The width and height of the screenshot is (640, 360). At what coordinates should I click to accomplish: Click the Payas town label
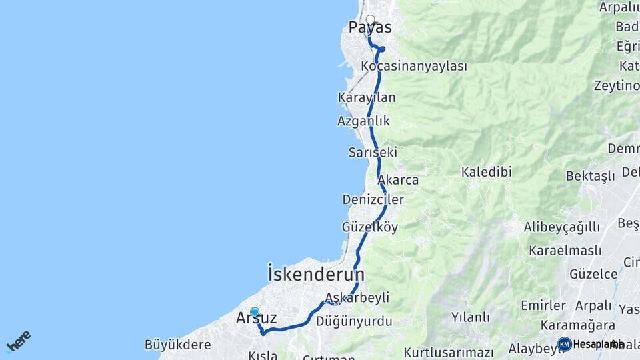[370, 28]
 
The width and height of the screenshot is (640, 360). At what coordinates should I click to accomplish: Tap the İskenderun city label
[316, 274]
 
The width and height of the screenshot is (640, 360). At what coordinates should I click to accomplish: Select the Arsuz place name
[257, 319]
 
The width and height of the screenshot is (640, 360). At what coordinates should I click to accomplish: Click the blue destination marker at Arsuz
[254, 311]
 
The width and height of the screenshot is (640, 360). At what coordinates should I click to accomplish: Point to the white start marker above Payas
[370, 19]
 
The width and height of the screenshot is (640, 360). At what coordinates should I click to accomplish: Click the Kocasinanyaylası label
[413, 66]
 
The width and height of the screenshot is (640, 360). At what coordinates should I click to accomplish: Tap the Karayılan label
[367, 97]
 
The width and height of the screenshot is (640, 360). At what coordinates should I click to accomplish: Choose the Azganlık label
[363, 121]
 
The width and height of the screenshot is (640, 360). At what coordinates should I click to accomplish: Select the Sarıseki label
[373, 152]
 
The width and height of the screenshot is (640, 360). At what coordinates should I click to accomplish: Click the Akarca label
[398, 180]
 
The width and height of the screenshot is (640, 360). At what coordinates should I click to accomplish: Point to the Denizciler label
[373, 199]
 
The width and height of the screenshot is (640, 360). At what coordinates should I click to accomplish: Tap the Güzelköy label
[369, 227]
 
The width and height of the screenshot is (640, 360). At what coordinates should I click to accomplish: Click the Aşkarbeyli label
[357, 297]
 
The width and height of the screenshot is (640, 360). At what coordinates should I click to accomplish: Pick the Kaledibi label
[486, 172]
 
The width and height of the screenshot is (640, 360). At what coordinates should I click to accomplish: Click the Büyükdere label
[177, 345]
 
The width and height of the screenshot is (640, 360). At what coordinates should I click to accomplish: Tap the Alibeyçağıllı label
[561, 227]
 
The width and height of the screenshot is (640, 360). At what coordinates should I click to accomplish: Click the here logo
[19, 341]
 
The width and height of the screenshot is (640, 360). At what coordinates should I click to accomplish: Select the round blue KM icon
[565, 344]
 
